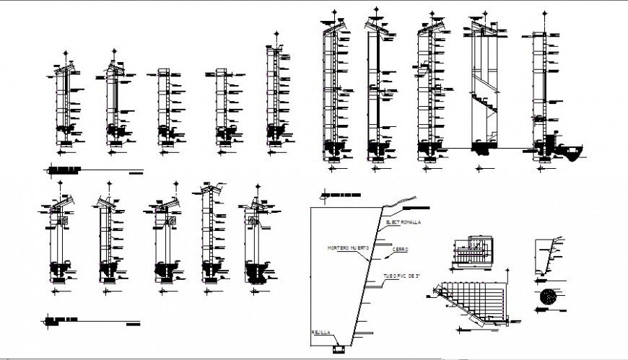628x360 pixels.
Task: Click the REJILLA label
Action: [x=321, y=333]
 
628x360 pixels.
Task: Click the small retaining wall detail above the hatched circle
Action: [x=549, y=256]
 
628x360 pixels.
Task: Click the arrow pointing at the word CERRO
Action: [x=387, y=255]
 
